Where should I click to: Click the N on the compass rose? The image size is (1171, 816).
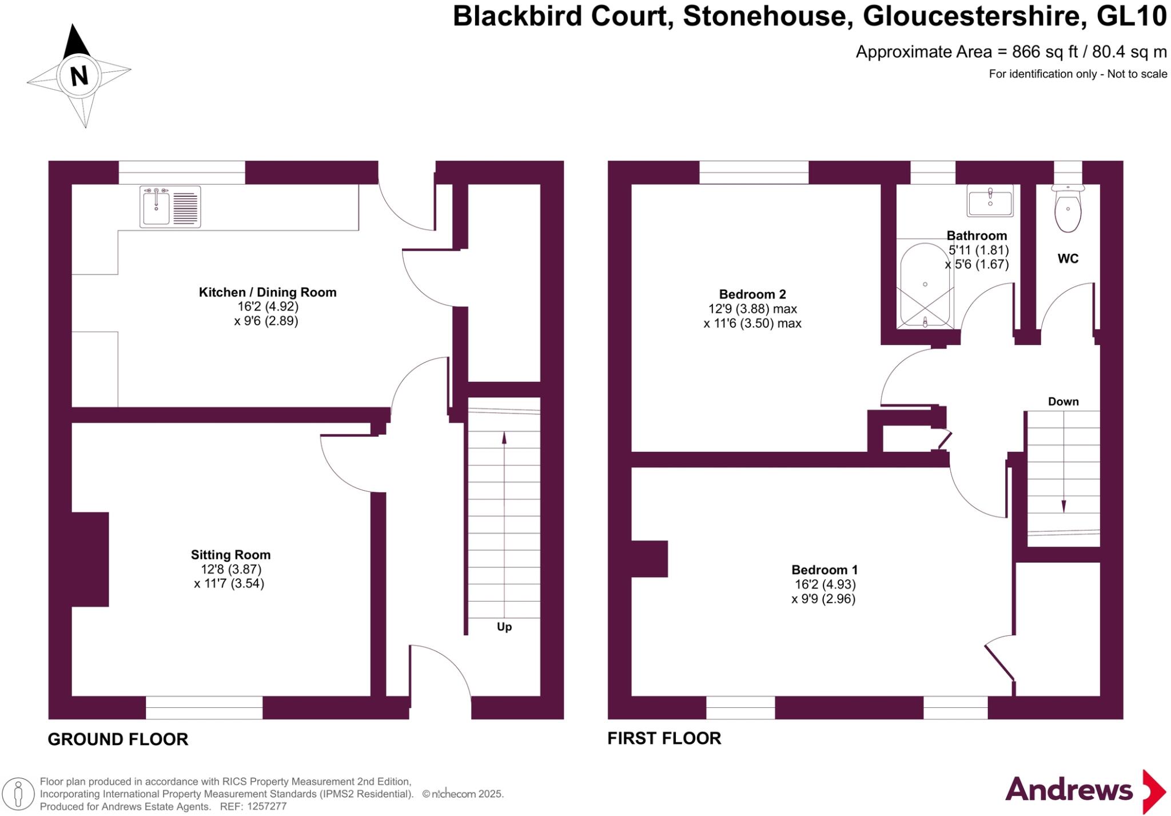pos(79,75)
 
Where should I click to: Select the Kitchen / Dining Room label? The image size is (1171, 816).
pos(267,292)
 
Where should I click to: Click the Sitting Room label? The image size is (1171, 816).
pos(230,555)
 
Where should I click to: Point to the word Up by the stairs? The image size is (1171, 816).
pos(504,627)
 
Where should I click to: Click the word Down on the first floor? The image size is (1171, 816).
pos(1063,401)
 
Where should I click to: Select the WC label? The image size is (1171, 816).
pos(1068,258)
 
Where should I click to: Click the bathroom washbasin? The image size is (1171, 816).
pos(990,201)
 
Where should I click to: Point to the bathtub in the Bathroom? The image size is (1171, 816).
pos(925,286)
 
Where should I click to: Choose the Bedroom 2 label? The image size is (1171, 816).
pos(752,294)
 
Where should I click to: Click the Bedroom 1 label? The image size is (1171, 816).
pos(824,570)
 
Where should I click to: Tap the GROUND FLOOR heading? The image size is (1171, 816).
pos(118,739)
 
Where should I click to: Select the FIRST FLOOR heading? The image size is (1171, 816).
pos(664,738)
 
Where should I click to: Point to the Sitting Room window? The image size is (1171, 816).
pos(204,707)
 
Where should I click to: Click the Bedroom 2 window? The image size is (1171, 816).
pos(754,172)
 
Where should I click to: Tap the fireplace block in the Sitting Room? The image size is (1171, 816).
pos(90,559)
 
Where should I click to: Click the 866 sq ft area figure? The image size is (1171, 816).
pos(1044,52)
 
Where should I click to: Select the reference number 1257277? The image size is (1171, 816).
pos(268,806)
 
